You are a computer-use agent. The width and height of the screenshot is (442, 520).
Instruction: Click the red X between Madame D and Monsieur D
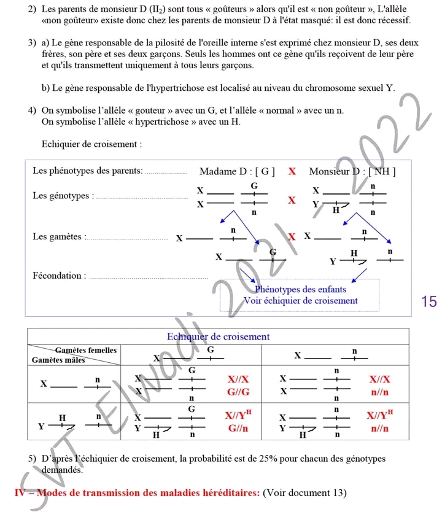[x=292, y=171]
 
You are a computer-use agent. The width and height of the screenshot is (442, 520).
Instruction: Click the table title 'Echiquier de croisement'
[x=219, y=336]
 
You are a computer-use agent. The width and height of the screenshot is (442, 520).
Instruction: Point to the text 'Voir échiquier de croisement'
[x=300, y=301]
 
